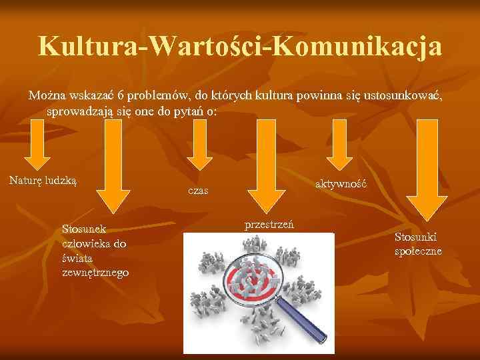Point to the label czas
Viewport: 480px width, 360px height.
point(198,191)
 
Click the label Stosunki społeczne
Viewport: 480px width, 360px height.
point(417,243)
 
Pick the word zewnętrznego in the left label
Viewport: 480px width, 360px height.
point(95,273)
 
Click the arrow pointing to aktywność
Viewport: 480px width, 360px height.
point(343,147)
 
